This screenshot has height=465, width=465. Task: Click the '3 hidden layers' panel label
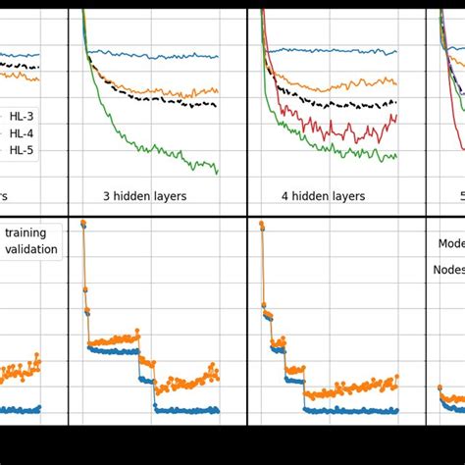click(x=144, y=196)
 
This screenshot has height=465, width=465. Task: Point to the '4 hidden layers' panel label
click(x=323, y=196)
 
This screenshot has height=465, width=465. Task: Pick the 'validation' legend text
click(x=31, y=249)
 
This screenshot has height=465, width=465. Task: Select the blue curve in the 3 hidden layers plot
click(x=157, y=55)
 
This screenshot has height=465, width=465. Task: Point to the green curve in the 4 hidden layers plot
click(x=334, y=150)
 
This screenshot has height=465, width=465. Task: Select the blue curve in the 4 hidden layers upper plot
click(x=334, y=50)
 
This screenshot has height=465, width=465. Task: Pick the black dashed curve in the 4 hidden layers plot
click(x=334, y=104)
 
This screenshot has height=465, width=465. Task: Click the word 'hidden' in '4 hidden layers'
click(x=313, y=196)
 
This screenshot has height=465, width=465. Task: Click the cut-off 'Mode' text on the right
click(x=450, y=243)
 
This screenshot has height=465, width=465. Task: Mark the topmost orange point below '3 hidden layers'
click(x=82, y=223)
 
